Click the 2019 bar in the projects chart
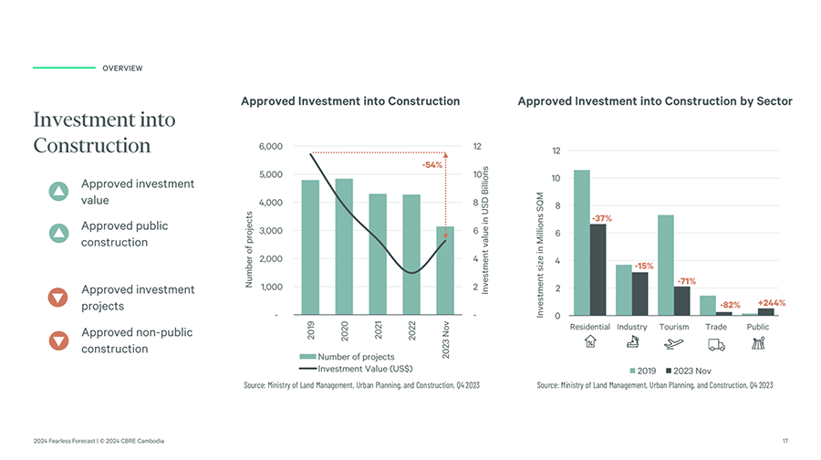coord(310,246)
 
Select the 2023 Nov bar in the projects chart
coord(445,274)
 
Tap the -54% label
coord(431,165)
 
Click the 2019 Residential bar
coord(582,242)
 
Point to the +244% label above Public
coord(771,302)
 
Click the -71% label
coord(687,281)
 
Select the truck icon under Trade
coord(716,344)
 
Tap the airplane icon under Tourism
coord(674,344)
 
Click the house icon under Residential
coord(589,344)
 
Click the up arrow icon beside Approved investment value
coord(58,192)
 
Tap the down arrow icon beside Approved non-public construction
coord(58,340)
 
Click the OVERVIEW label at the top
coord(122,68)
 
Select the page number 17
coord(785,442)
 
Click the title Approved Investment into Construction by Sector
coord(654,101)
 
